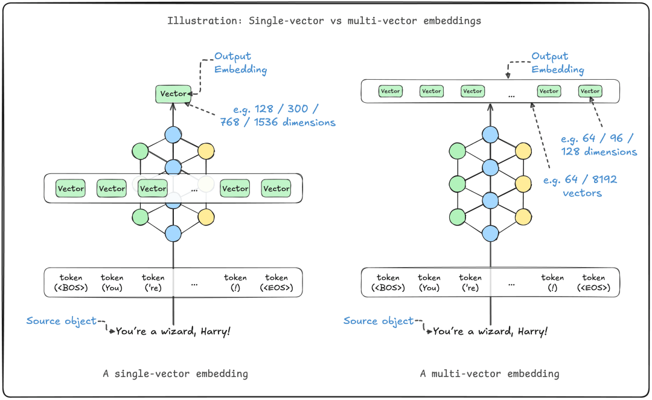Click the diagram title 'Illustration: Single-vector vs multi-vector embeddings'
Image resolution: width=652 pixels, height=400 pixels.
coord(324,21)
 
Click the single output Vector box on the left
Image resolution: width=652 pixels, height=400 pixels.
coord(173,94)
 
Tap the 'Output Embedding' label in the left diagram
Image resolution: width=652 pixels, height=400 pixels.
coord(240,63)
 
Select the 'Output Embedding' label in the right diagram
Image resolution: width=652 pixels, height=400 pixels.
coord(558,63)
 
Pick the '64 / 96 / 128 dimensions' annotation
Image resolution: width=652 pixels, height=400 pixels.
coord(599,145)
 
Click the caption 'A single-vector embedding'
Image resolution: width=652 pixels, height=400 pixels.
coord(176,374)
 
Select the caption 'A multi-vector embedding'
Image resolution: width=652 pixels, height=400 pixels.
coord(490,374)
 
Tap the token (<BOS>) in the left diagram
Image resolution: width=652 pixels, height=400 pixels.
coord(71,283)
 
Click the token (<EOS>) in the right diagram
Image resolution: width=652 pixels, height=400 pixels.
coord(593,283)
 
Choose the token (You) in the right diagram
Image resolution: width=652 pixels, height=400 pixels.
coord(429,283)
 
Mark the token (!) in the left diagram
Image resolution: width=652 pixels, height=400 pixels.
coord(235,283)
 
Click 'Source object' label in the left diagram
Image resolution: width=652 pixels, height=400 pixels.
coord(61,321)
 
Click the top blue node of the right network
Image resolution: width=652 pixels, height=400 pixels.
coord(490,135)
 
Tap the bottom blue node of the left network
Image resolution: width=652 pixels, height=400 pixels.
coord(173,233)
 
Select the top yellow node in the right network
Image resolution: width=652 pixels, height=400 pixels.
coord(523,151)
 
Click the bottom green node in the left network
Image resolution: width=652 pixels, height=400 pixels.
coord(140,218)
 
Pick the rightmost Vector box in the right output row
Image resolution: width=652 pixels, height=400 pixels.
coord(590,91)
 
